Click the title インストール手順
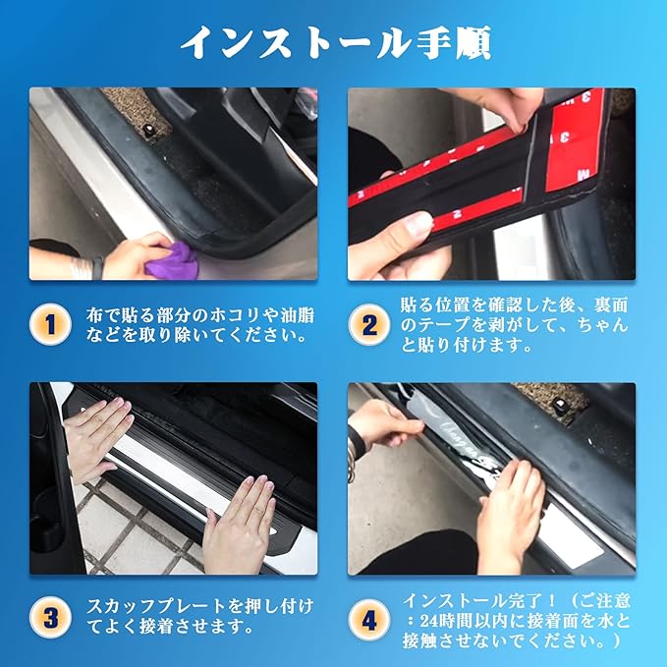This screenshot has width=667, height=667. [336, 42]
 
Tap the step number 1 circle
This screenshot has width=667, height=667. [50, 325]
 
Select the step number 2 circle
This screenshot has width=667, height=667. [368, 325]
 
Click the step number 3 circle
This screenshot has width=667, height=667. [50, 617]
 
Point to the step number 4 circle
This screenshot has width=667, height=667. [368, 620]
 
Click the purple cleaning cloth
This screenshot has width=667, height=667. [172, 261]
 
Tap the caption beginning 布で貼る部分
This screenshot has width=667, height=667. [200, 325]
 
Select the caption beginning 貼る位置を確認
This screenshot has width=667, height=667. [515, 325]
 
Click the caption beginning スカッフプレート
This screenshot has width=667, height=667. [200, 617]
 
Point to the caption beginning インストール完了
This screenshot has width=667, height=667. [517, 620]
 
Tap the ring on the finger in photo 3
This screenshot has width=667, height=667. [258, 510]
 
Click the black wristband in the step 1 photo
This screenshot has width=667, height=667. [98, 268]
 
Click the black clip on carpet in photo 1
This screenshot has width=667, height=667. [149, 129]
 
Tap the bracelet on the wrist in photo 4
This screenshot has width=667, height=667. [352, 458]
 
